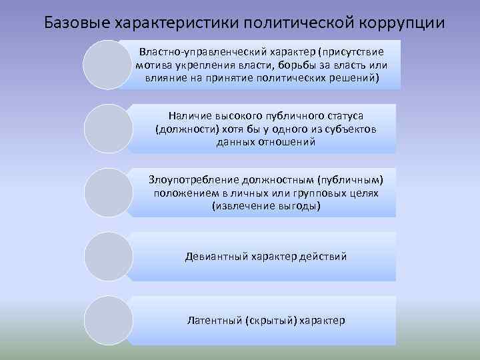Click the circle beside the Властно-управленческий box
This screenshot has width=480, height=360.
tap(106, 64)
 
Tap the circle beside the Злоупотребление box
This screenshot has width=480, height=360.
tap(109, 192)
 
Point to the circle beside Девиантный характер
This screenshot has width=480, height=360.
tap(109, 256)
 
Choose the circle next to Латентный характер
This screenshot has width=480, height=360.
tap(109, 320)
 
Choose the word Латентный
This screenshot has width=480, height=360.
tap(214, 321)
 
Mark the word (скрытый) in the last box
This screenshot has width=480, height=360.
tap(271, 321)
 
